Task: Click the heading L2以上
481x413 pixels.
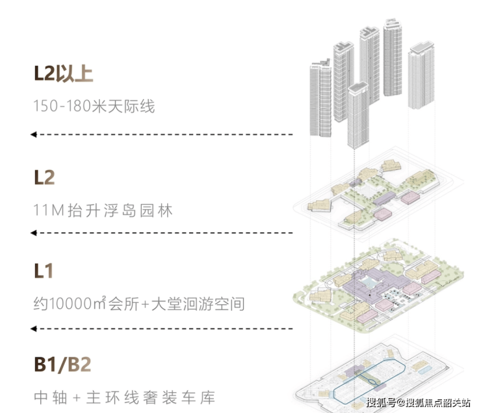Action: [63, 73]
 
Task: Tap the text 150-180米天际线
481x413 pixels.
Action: [94, 106]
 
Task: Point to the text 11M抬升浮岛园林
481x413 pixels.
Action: [103, 211]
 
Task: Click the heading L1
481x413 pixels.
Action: [44, 271]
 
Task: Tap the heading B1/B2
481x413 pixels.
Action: [63, 364]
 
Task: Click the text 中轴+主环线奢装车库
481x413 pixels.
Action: [124, 396]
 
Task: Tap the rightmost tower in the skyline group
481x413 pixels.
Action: [421, 75]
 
